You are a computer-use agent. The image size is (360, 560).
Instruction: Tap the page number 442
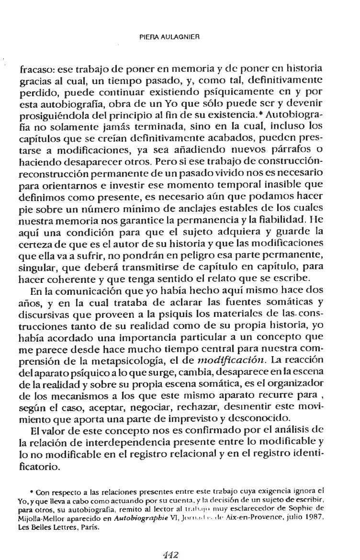pyautogui.click(x=170, y=542)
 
